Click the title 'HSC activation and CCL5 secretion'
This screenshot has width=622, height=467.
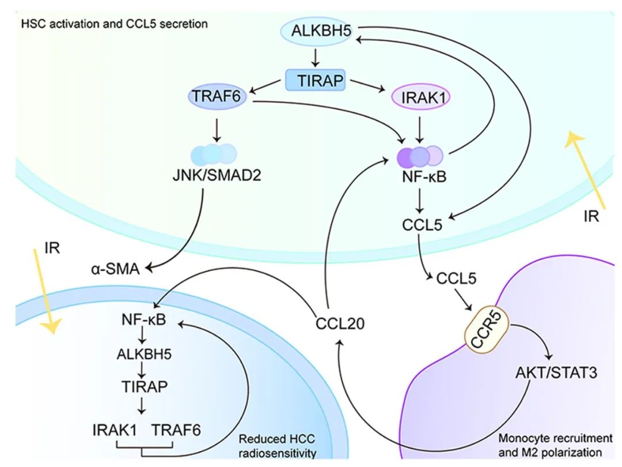pos(114,25)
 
